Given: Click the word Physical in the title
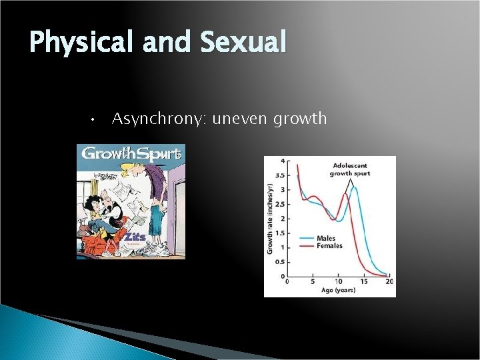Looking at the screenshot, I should coord(81,43).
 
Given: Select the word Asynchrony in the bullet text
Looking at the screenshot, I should coord(159,119).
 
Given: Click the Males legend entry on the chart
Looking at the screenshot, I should coord(325,238).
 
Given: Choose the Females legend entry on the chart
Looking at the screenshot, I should coord(329,246).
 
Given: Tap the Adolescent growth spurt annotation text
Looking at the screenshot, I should coord(349,169).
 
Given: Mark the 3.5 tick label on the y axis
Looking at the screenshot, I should coord(281,175).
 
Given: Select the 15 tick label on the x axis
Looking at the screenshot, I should coord(363,282).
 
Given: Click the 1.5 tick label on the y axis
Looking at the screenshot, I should coord(281,233).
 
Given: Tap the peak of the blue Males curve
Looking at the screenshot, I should coord(354,187).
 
